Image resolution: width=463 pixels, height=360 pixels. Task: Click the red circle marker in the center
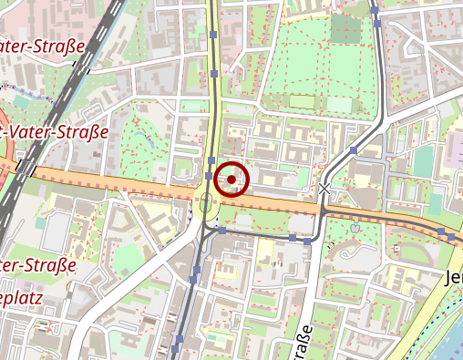click(x=232, y=180)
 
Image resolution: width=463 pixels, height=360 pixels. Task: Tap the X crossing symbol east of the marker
click(x=325, y=188)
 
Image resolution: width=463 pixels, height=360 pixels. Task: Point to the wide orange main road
click(x=137, y=182)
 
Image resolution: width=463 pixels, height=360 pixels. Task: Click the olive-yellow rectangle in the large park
click(x=302, y=101)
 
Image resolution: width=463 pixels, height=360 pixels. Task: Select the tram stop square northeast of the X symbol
click(x=353, y=149)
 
